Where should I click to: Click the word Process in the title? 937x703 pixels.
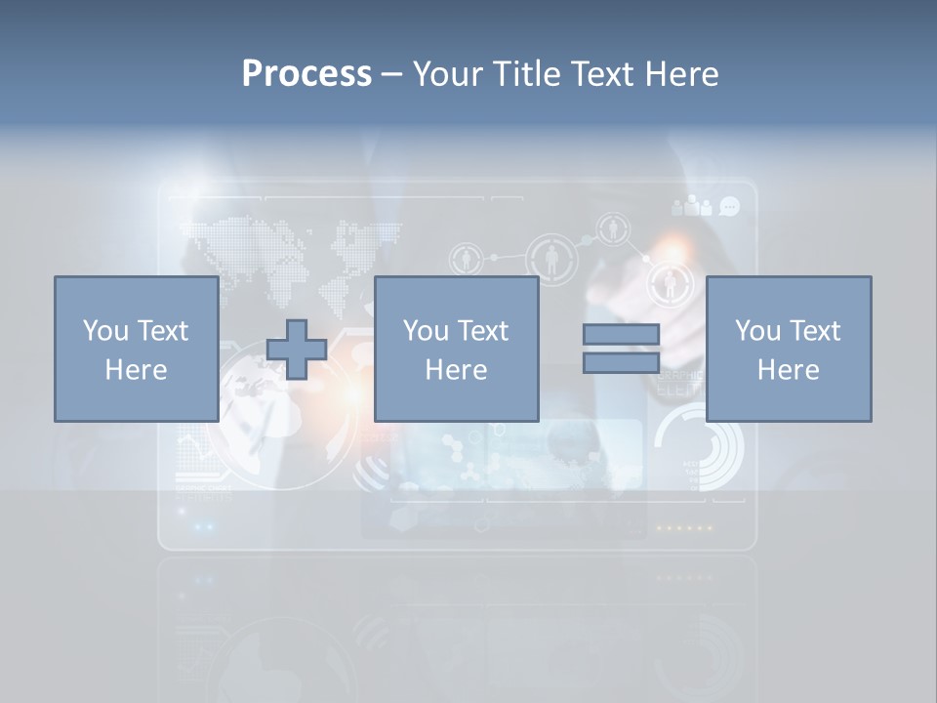coord(306,73)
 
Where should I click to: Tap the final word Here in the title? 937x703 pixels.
coord(679,73)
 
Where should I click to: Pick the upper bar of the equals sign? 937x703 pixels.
coord(621,334)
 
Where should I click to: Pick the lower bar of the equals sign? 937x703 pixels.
coord(621,362)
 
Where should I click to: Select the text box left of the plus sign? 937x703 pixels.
coord(136,349)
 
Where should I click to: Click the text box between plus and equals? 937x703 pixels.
coord(456,349)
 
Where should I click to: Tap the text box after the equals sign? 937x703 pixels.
coord(788,349)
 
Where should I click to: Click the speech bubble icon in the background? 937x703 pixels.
coord(729,206)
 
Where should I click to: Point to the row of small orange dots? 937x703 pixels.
coord(683,528)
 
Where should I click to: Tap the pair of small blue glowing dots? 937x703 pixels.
coord(204,526)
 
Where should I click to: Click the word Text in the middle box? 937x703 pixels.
coord(484,331)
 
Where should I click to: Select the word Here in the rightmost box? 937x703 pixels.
coord(788,369)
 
